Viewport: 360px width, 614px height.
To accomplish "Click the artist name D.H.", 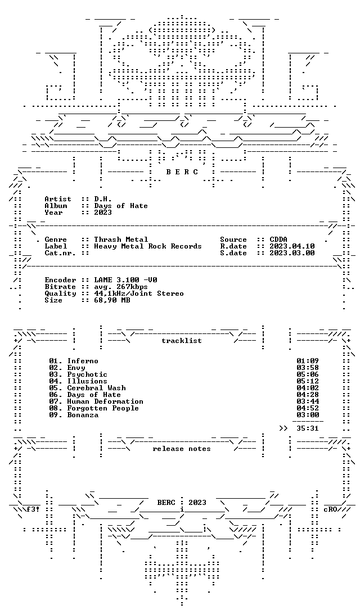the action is tap(103, 199).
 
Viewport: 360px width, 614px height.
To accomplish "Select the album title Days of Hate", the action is tap(121, 206).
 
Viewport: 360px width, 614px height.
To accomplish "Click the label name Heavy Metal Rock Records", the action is tap(148, 246).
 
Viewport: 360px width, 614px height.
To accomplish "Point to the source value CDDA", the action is tap(278, 240).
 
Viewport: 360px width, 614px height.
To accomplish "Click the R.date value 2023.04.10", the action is tap(292, 246).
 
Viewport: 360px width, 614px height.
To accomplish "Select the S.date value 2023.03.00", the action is tap(292, 253).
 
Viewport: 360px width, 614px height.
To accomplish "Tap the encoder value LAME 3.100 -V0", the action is tap(126, 280).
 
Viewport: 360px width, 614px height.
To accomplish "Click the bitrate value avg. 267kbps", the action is tap(121, 287).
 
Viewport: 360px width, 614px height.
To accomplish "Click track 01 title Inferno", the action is tap(83, 360).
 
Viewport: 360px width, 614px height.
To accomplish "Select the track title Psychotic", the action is tap(87, 374).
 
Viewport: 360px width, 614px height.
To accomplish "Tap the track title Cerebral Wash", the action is tap(96, 387).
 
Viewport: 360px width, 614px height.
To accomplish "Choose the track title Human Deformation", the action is tap(105, 401).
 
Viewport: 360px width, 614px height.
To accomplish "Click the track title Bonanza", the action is tap(83, 415).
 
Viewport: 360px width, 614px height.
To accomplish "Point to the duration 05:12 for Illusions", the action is tap(308, 381).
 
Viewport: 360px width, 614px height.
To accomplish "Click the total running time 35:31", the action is tap(308, 428).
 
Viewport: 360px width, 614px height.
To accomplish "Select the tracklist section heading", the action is tap(182, 341).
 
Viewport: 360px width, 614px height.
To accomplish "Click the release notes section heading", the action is tap(182, 449).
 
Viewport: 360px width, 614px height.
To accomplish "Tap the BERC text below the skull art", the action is tap(182, 172).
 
